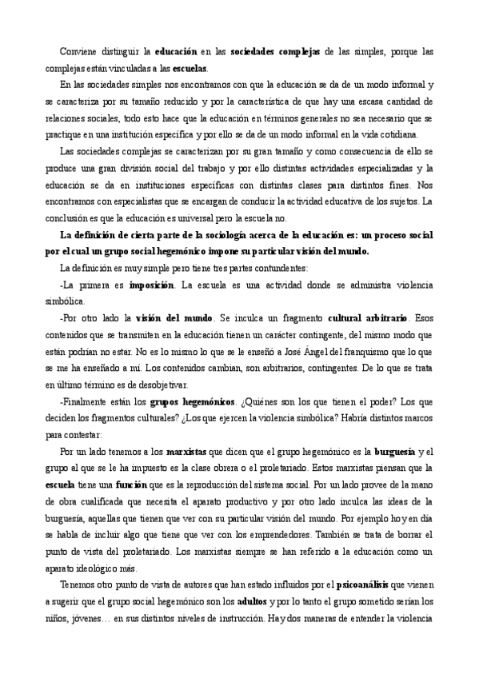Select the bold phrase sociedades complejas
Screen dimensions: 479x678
pyautogui.click(x=275, y=52)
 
